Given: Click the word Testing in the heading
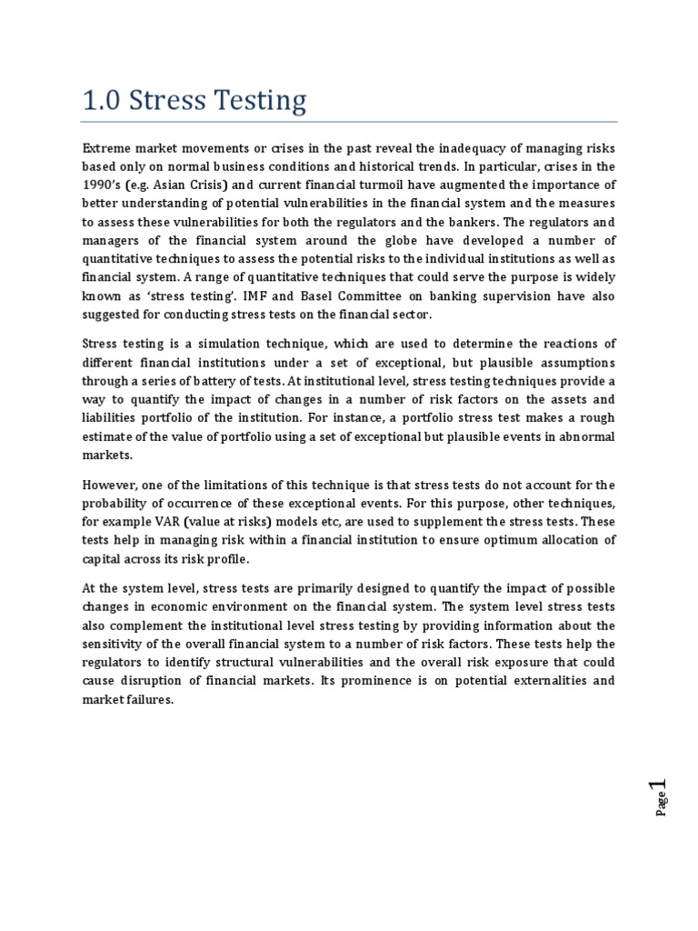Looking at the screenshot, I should (x=262, y=102).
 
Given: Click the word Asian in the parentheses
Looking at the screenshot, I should (x=171, y=186).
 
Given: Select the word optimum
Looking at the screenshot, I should (x=514, y=540).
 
